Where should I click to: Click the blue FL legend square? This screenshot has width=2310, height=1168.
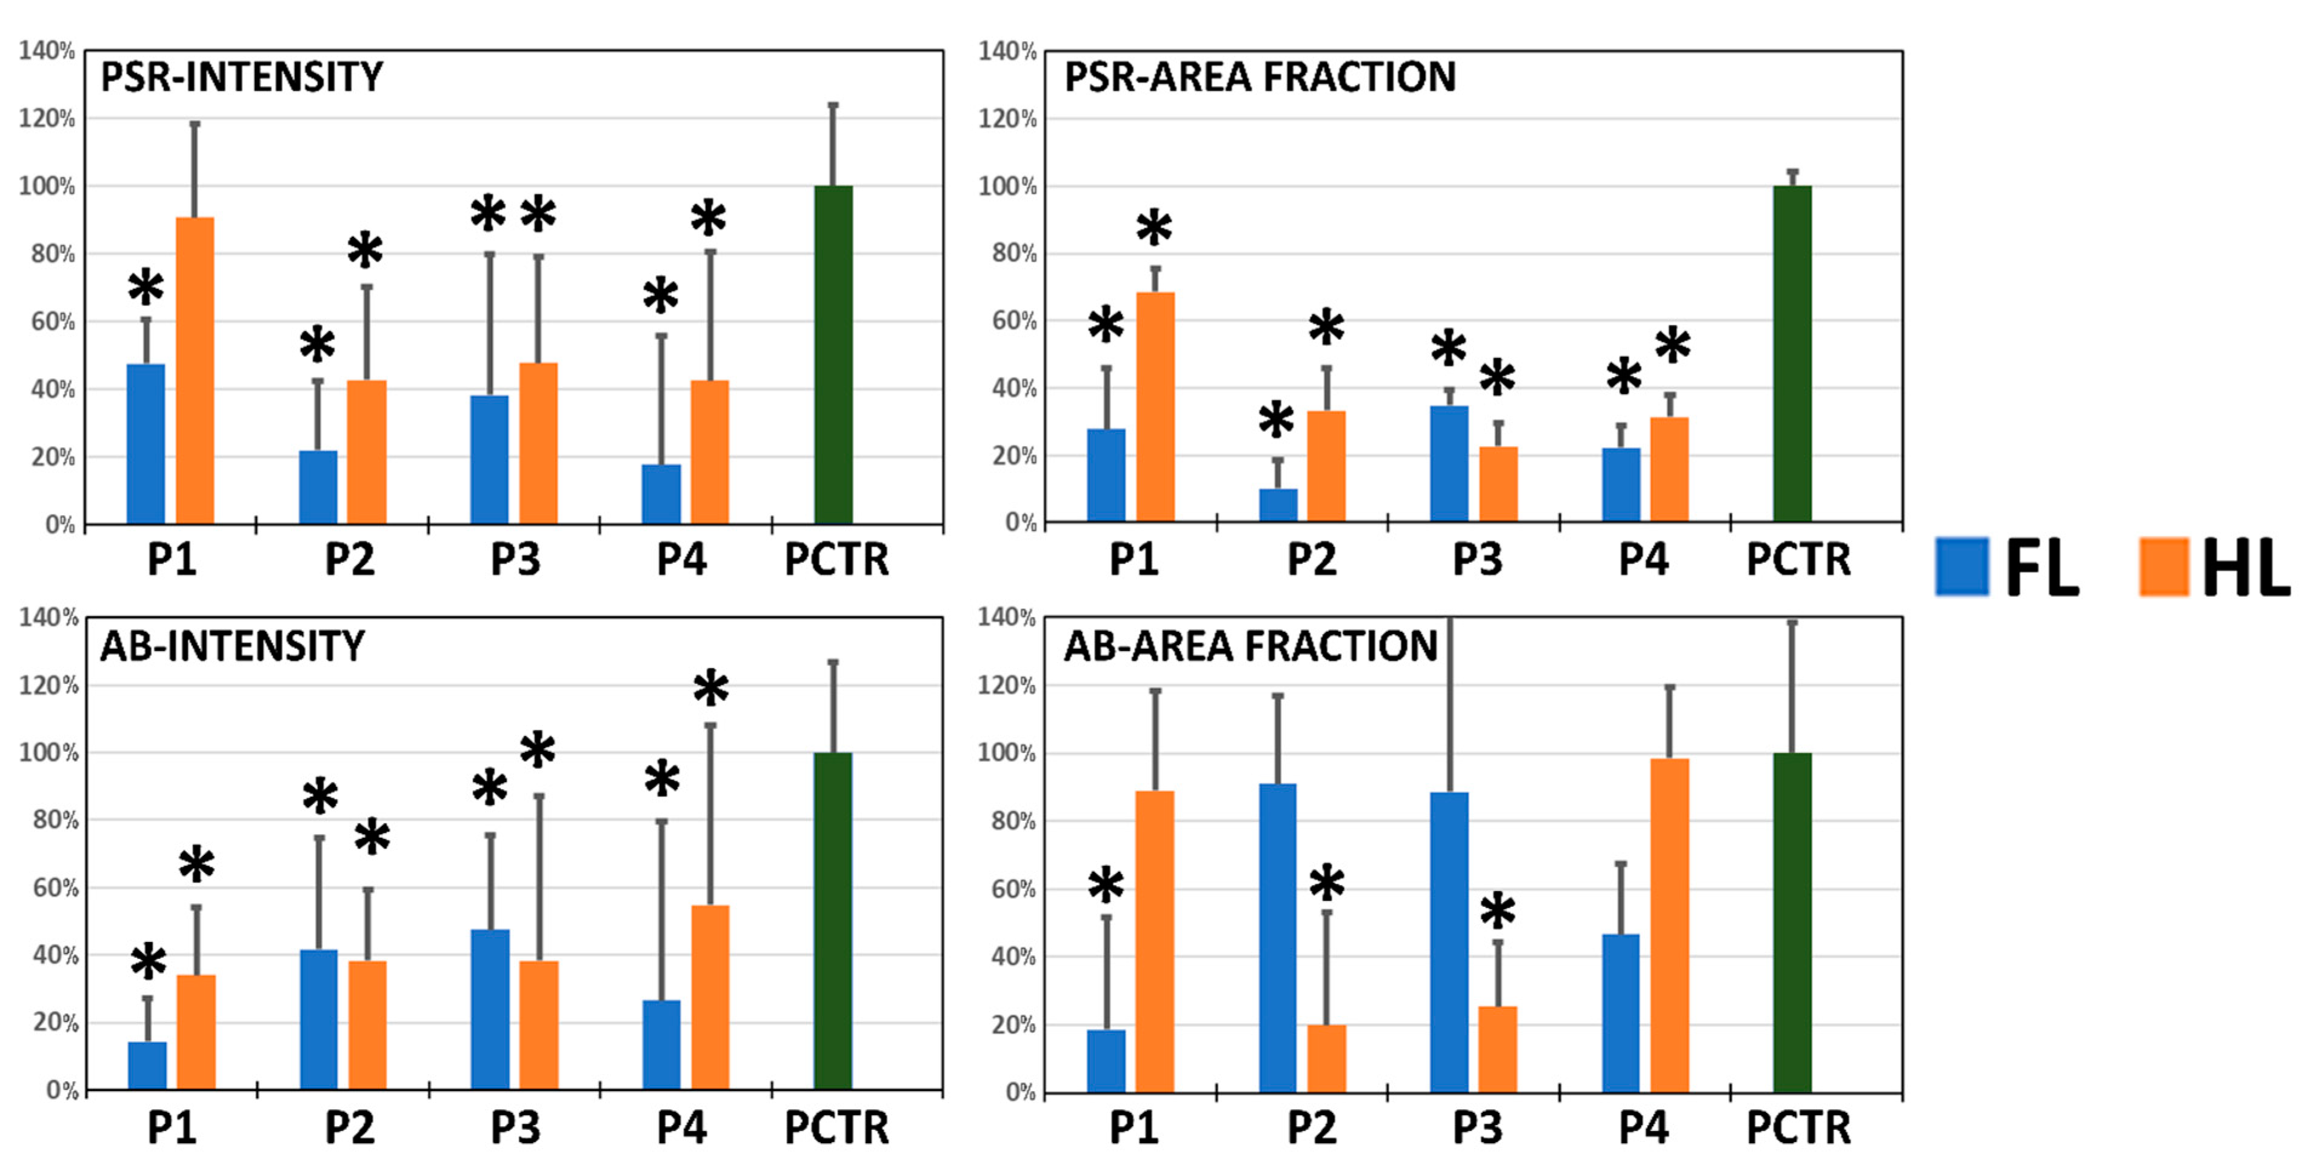pos(1962,566)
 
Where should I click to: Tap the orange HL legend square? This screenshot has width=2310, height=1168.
pos(2164,566)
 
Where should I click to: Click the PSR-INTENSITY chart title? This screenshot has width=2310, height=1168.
pos(241,77)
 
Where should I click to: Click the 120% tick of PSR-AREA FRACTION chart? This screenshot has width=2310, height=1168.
pos(1007,118)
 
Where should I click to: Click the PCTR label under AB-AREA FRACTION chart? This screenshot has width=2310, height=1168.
pos(1798,1127)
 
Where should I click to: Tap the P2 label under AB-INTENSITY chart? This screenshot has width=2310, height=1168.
pos(349,1127)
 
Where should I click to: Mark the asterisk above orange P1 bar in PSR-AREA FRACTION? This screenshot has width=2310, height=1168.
pos(1154,228)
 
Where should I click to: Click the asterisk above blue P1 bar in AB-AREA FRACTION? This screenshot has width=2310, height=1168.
pos(1106,886)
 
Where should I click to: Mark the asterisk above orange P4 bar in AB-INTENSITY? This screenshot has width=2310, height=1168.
pos(711,688)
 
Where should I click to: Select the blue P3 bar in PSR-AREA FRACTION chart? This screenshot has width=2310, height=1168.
pos(1449,463)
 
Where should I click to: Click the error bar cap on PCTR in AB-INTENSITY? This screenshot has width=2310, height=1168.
pos(833,662)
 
